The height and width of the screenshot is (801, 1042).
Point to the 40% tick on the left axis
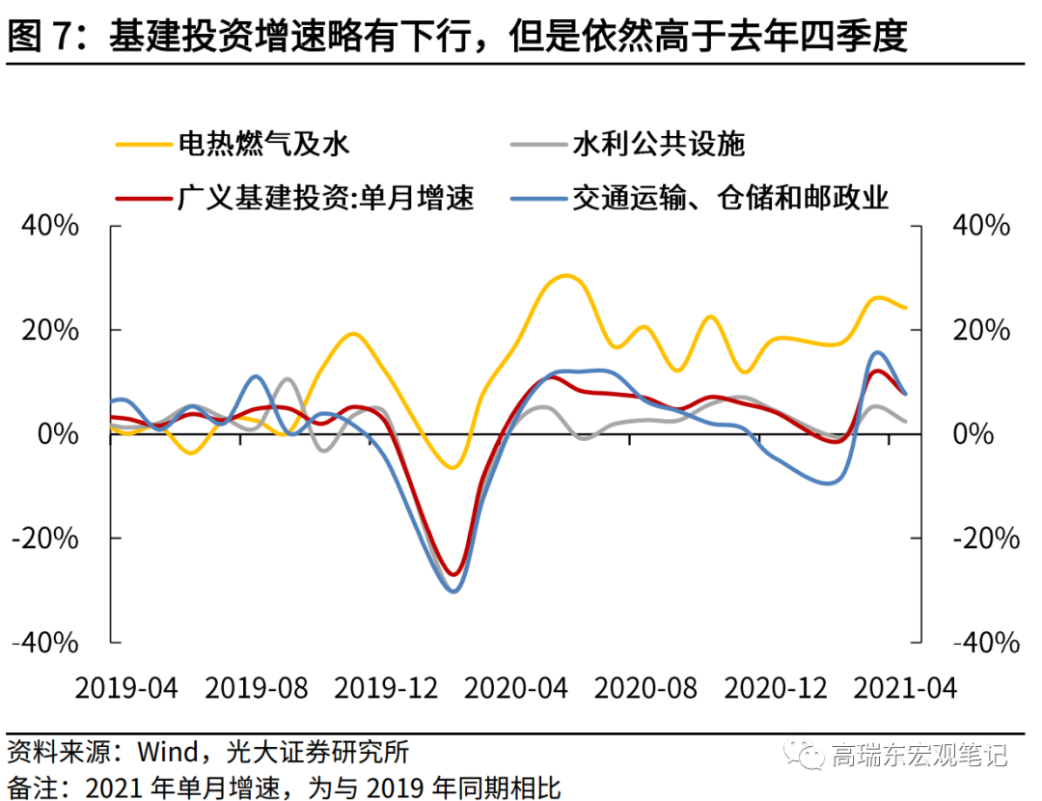click(50, 227)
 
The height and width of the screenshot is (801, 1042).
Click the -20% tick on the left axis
click(45, 539)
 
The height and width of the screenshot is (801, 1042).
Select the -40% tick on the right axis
click(985, 643)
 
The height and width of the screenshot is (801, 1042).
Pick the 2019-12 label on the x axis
click(385, 688)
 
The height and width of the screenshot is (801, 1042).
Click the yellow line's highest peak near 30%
click(567, 276)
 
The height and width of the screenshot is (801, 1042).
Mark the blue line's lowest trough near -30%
click(453, 591)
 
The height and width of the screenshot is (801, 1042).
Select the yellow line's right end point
click(905, 308)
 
